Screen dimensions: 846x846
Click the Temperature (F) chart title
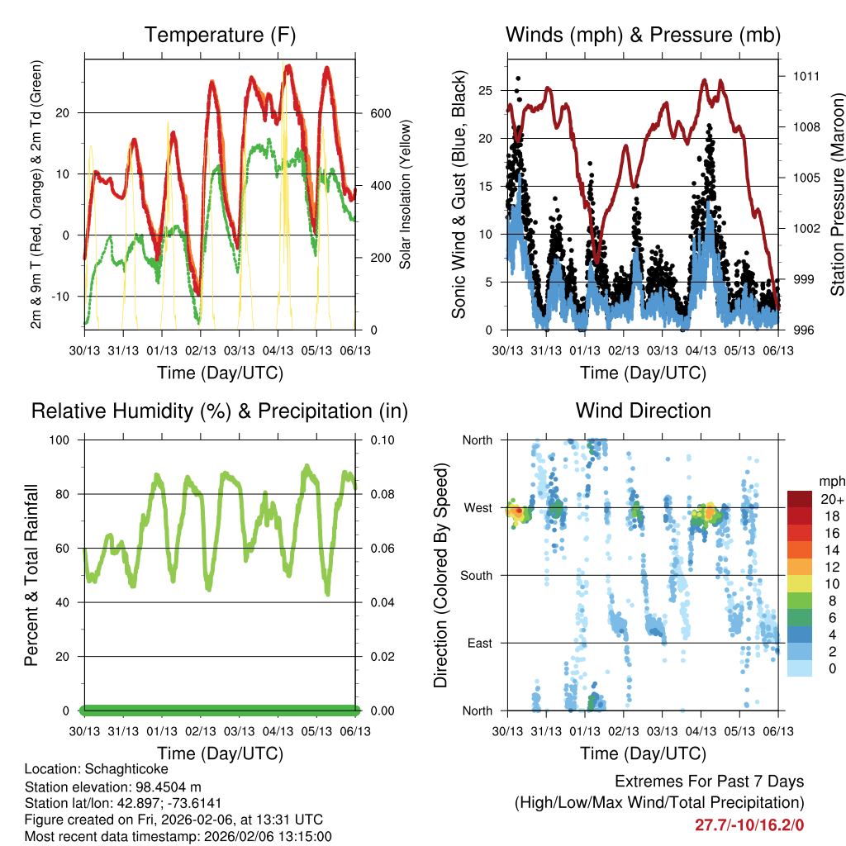pos(220,35)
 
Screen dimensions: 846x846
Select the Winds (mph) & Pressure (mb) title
pos(643,35)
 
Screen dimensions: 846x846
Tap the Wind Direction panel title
pos(643,411)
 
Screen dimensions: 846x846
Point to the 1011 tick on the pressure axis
pos(806,76)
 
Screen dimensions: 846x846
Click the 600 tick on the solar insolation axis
pos(379,112)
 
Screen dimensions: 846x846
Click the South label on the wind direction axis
pos(477,575)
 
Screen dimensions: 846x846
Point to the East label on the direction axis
pos(479,643)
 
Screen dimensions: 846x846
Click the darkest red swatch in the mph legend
pos(800,499)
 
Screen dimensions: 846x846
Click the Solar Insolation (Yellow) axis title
pos(405,194)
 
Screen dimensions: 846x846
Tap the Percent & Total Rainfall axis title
pos(31,575)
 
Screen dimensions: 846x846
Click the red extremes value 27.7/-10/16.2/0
pos(749,825)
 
